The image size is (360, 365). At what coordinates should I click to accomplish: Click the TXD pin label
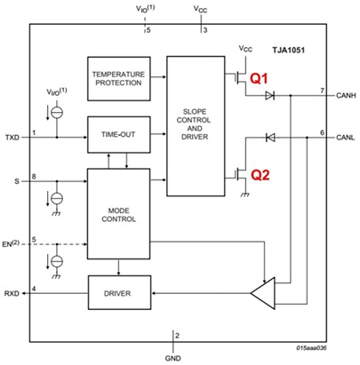12,139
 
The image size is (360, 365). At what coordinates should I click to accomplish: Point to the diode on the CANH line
270,97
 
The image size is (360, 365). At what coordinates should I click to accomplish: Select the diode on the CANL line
270,138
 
